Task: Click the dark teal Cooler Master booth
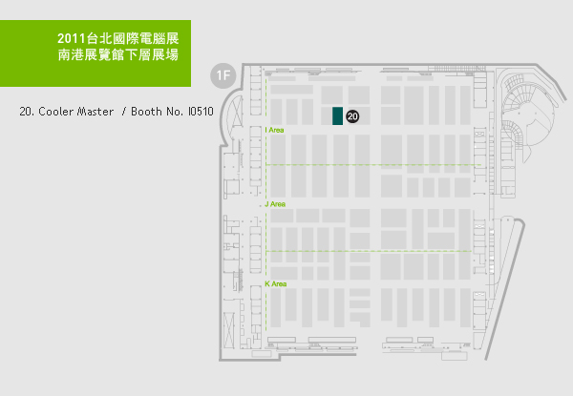[337, 115]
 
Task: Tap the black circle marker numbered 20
[352, 115]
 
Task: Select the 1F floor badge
[223, 73]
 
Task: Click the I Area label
[274, 129]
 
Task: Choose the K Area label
[275, 283]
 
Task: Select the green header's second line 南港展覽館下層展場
[118, 58]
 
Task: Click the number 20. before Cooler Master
[27, 112]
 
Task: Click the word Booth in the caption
[143, 112]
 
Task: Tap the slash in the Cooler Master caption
[122, 112]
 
